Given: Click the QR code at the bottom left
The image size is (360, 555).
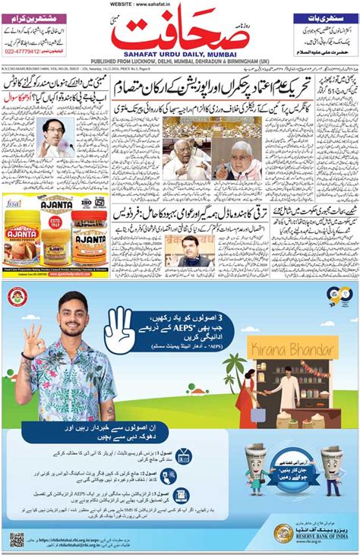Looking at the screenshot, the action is click(x=17, y=540).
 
